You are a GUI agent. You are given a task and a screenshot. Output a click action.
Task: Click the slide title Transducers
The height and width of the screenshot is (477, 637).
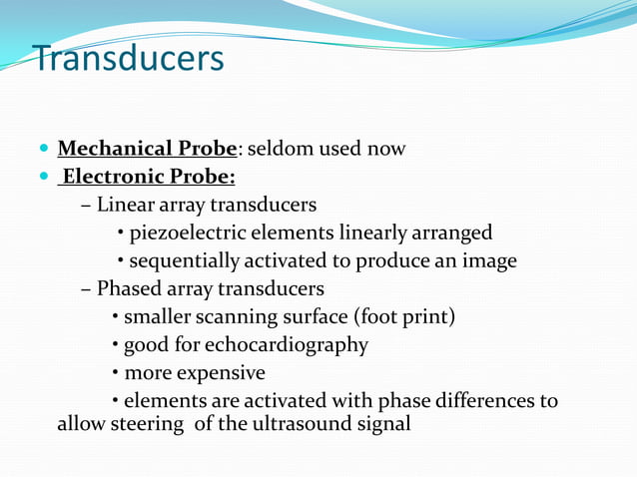pyautogui.click(x=129, y=59)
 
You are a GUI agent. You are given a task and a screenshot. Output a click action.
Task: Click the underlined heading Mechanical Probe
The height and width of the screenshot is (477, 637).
pyautogui.click(x=148, y=149)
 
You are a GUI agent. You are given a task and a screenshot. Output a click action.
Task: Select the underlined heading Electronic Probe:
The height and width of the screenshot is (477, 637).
pyautogui.click(x=148, y=178)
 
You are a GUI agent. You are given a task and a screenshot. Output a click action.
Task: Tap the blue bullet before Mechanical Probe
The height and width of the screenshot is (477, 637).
pyautogui.click(x=42, y=150)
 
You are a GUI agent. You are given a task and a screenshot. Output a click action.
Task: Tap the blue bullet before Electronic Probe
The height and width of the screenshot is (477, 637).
pyautogui.click(x=42, y=179)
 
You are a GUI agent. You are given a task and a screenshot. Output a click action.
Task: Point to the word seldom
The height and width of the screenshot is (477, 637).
pyautogui.click(x=280, y=149)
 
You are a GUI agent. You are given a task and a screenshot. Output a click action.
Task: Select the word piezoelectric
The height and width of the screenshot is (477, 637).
pyautogui.click(x=191, y=234)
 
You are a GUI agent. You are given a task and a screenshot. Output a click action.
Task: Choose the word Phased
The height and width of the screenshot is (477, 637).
pyautogui.click(x=128, y=289)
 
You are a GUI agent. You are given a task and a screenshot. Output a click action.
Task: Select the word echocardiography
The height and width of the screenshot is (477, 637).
pyautogui.click(x=287, y=345)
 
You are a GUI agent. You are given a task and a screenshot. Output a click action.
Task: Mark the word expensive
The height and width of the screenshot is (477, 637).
pyautogui.click(x=222, y=373)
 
